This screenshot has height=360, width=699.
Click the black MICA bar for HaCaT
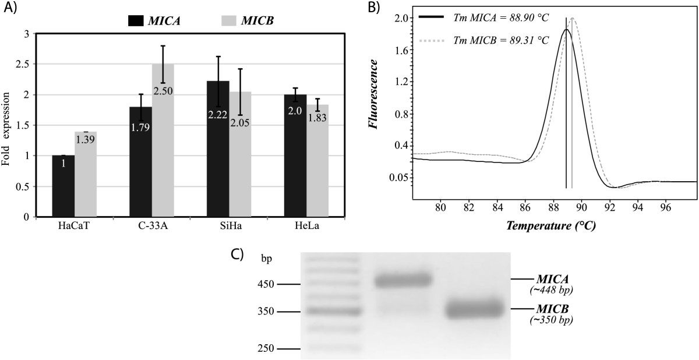coord(63,186)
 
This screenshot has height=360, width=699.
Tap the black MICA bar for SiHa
coord(218,157)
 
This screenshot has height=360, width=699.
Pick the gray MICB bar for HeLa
coord(317,169)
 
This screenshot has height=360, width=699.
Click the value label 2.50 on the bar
coord(163,91)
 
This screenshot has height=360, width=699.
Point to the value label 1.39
coord(85,140)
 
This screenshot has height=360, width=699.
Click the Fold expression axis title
coord(6,125)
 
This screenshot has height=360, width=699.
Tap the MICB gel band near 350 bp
coord(474,309)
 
